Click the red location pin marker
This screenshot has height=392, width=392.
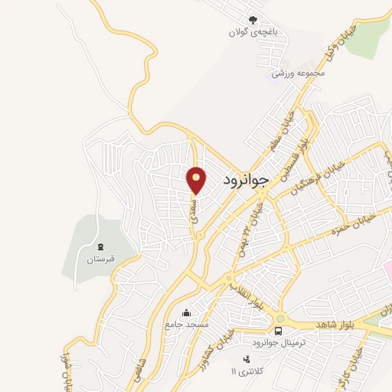tap(197, 181)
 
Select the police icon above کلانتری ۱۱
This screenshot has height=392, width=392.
tap(247, 359)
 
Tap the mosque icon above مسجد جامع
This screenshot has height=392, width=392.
tap(186, 312)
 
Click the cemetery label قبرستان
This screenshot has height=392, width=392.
tap(100, 259)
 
